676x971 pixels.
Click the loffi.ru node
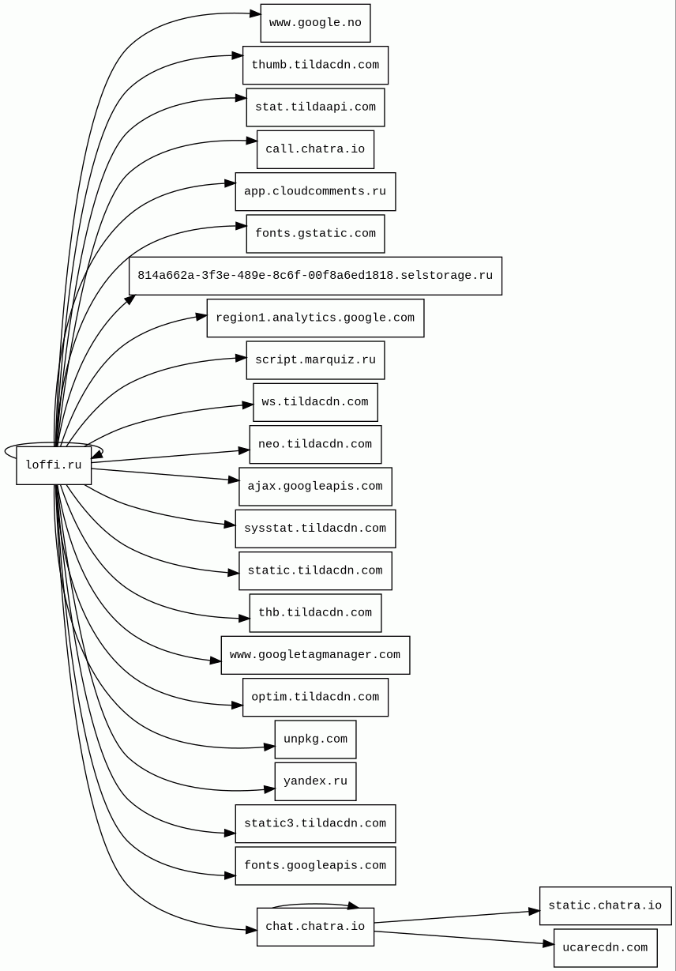click(54, 465)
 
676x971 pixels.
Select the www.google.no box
click(315, 23)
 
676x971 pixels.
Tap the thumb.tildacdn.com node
click(315, 66)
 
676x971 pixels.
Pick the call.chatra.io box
click(315, 149)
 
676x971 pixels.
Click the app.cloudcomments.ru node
click(315, 192)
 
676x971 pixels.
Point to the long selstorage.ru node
click(315, 276)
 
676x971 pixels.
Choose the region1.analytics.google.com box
click(315, 318)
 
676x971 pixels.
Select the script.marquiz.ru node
click(315, 360)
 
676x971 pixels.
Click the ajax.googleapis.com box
click(315, 487)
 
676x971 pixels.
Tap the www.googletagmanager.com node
click(315, 655)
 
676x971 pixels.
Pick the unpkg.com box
click(315, 740)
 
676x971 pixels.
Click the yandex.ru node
click(315, 781)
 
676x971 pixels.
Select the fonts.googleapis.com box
click(315, 866)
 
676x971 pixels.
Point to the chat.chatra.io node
click(315, 927)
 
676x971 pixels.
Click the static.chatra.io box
click(605, 906)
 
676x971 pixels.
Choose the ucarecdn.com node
click(605, 948)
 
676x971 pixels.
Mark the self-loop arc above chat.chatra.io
click(315, 904)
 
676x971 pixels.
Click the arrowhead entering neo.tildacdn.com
click(244, 451)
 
